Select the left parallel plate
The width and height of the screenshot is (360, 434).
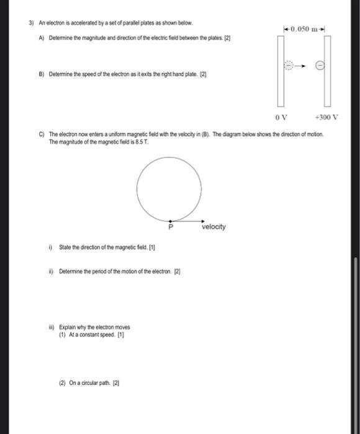point(281,71)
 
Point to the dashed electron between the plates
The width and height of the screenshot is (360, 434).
point(289,64)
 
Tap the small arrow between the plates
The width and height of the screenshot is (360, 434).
point(302,64)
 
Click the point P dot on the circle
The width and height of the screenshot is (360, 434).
point(171,219)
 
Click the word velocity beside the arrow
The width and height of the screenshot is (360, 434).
point(214,227)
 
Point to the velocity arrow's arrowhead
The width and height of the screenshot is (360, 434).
point(203,219)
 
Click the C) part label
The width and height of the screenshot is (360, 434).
point(41,134)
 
